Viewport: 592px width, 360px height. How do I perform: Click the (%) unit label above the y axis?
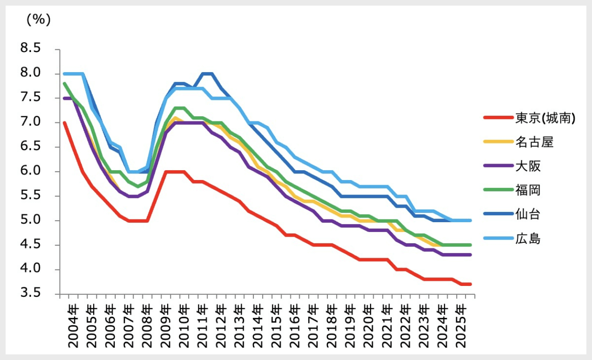pyautogui.click(x=38, y=20)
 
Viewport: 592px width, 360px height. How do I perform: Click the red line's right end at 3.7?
pyautogui.click(x=470, y=284)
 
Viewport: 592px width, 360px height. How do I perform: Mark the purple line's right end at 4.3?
pyautogui.click(x=470, y=255)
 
